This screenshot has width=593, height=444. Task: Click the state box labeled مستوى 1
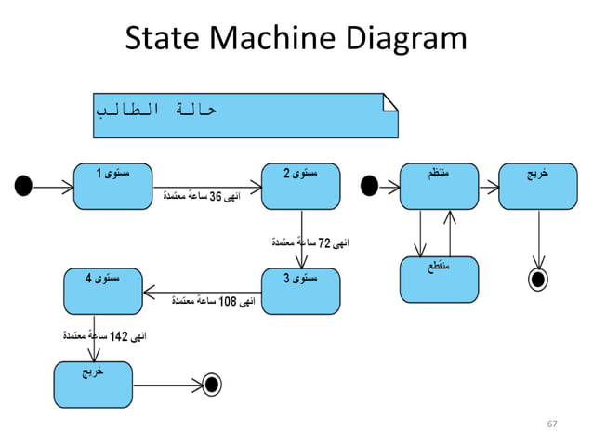pyautogui.click(x=112, y=187)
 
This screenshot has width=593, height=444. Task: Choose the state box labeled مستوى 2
pyautogui.click(x=299, y=187)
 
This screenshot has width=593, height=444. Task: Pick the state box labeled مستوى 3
pyautogui.click(x=299, y=291)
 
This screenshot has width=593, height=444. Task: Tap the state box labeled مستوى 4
pyautogui.click(x=102, y=291)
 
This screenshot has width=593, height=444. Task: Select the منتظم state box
pyautogui.click(x=438, y=187)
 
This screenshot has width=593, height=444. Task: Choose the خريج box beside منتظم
pyautogui.click(x=537, y=187)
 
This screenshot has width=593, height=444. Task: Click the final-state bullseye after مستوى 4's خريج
pyautogui.click(x=211, y=384)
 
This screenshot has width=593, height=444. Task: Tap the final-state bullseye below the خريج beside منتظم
pyautogui.click(x=537, y=278)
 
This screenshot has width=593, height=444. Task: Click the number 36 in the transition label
pyautogui.click(x=217, y=197)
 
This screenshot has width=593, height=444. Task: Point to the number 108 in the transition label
pyautogui.click(x=226, y=302)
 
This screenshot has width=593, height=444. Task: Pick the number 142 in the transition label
pyautogui.click(x=119, y=334)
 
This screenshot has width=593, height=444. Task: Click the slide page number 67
pyautogui.click(x=552, y=424)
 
